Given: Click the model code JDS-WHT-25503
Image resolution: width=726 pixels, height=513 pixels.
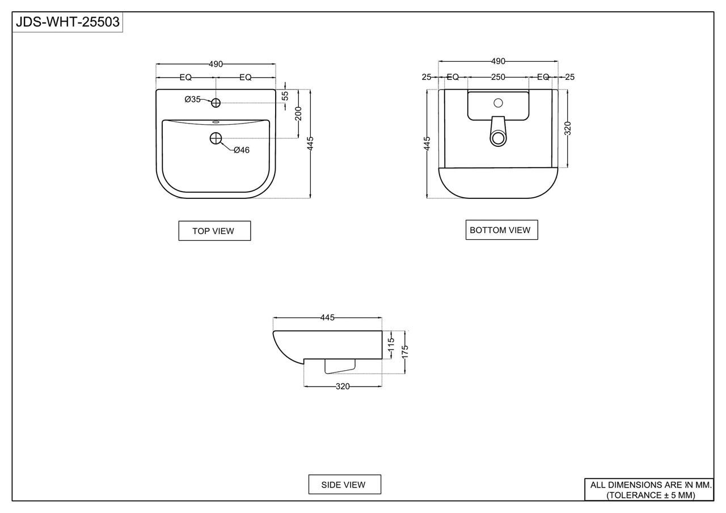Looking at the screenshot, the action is (x=67, y=22).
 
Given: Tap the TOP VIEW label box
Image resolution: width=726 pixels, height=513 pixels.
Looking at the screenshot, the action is (x=214, y=231).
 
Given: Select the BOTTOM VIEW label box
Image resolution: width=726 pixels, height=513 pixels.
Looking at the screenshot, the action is (x=502, y=230).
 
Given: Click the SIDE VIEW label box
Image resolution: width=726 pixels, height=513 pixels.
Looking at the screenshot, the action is (x=344, y=485).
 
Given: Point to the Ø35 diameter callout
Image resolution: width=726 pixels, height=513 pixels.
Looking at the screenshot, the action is (x=192, y=99).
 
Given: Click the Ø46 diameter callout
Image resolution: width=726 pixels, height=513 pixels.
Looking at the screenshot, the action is (x=242, y=150).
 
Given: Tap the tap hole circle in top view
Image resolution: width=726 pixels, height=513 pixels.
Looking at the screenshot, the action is (x=216, y=103).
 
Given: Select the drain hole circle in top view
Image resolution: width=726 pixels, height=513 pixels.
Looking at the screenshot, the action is (x=216, y=138).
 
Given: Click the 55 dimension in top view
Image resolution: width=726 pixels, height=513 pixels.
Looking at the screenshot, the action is (x=285, y=96).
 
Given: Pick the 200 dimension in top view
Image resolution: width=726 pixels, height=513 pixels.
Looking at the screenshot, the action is (x=298, y=114).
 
